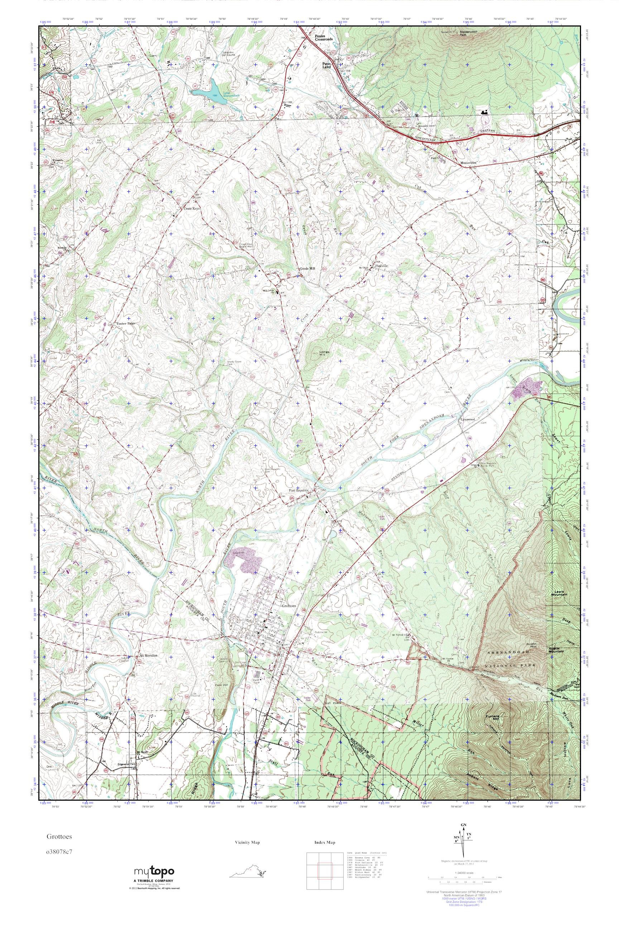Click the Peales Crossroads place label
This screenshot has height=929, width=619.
[x=324, y=38]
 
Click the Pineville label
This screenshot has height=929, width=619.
[x=382, y=266]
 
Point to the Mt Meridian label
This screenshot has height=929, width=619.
[x=148, y=655]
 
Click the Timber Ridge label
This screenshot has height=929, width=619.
[x=125, y=324]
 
